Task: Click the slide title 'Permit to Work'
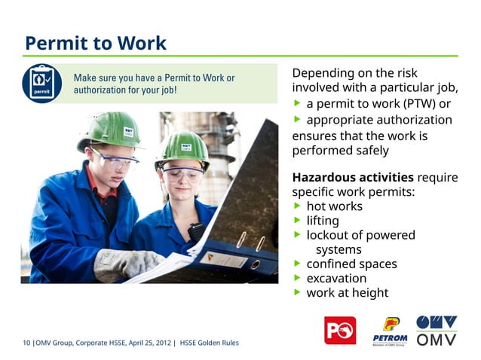click(95, 42)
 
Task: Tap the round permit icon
click(41, 84)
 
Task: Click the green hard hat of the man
click(114, 129)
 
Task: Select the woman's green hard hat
click(183, 146)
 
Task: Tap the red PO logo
click(339, 330)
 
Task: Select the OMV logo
click(437, 330)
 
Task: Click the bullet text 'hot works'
click(334, 206)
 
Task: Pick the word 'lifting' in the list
click(323, 221)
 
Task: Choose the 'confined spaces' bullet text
click(351, 264)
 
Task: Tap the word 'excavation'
click(336, 278)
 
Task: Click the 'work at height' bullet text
click(347, 292)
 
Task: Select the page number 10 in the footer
click(27, 343)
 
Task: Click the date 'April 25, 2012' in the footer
click(149, 343)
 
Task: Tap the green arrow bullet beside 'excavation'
click(298, 278)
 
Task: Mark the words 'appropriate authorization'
click(379, 121)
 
